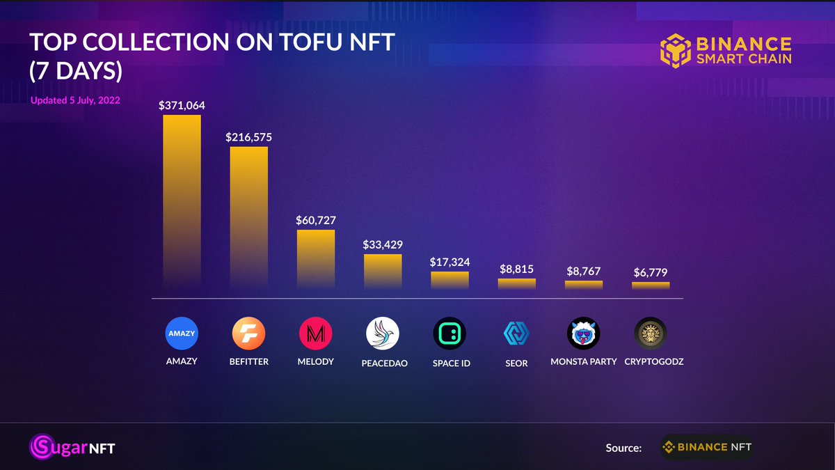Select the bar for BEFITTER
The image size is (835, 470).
[248, 216]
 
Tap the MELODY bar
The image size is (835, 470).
[316, 258]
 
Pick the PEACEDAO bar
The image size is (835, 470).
[383, 270]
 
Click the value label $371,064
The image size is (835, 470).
[182, 105]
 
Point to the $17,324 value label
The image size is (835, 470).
[450, 263]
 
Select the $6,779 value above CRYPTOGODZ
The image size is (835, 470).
[651, 272]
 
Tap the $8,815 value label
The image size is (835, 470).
[516, 269]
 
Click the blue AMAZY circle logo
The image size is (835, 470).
[182, 334]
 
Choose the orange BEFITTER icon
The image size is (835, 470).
[248, 334]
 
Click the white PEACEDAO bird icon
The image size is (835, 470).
[383, 334]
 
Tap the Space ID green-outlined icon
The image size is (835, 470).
[450, 334]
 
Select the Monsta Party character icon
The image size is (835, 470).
[583, 334]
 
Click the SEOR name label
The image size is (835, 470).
[516, 363]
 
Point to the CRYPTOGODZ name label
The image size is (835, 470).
[651, 362]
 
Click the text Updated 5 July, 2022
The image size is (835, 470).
[75, 100]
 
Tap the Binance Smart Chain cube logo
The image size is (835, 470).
[675, 52]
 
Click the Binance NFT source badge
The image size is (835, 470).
[706, 447]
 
